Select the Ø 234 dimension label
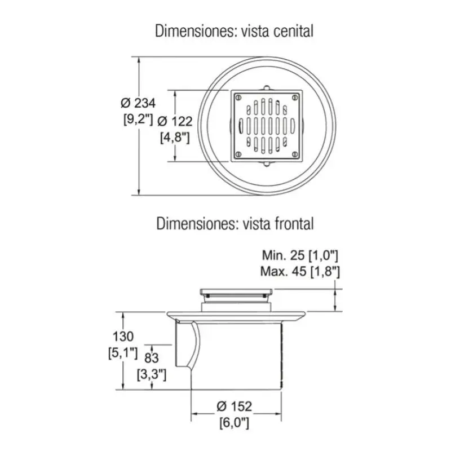[138, 103]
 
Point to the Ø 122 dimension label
[175, 121]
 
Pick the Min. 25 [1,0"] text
[300, 255]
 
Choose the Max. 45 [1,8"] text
[300, 271]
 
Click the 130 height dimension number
[123, 336]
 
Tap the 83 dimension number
[152, 358]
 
